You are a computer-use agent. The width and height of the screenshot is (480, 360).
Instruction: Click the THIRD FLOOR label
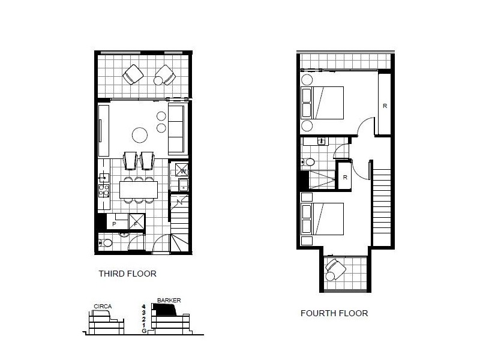point(127,274)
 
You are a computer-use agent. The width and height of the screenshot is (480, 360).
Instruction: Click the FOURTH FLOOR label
point(334,313)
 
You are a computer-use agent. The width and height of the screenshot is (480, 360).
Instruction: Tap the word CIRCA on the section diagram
point(103,306)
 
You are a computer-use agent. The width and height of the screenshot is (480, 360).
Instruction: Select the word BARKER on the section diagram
point(169,300)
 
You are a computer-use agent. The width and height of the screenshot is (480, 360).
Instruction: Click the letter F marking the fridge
point(136,223)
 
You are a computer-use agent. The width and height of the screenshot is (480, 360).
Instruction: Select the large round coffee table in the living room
point(140,134)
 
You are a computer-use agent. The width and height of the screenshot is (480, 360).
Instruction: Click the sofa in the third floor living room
point(176,129)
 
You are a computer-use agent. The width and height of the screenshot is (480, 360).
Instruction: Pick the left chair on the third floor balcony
point(133,75)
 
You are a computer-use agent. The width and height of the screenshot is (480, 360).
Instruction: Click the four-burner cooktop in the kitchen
point(103,190)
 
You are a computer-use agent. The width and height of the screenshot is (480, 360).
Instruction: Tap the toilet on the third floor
point(104,243)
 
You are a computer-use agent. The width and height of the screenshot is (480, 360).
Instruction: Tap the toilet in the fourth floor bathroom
point(308,162)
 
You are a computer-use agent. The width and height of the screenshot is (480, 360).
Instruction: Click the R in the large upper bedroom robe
point(385,106)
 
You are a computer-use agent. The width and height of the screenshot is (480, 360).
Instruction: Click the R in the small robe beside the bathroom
point(345,177)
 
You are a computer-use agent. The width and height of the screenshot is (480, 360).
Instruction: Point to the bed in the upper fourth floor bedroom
point(323,103)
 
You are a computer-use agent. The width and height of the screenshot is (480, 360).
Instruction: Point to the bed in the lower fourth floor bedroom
point(323,218)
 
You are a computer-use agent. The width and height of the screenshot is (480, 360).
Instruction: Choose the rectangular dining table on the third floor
point(139,190)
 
